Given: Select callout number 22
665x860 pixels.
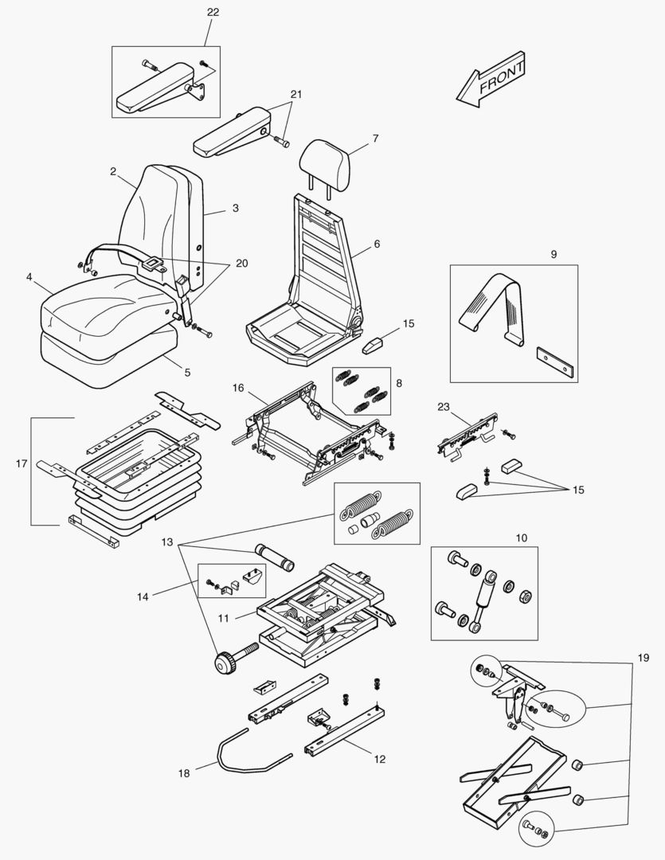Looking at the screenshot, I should (x=213, y=13).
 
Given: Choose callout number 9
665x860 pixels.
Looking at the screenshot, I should (x=554, y=255).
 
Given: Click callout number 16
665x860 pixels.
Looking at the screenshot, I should (x=238, y=388).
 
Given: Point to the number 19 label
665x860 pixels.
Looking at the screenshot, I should (x=643, y=658).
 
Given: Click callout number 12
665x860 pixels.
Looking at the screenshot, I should (x=379, y=760).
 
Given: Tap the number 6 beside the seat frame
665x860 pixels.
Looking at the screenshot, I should (x=376, y=244).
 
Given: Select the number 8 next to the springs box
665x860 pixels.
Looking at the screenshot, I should (x=398, y=383).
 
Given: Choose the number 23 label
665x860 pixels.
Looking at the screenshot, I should (x=444, y=406).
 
